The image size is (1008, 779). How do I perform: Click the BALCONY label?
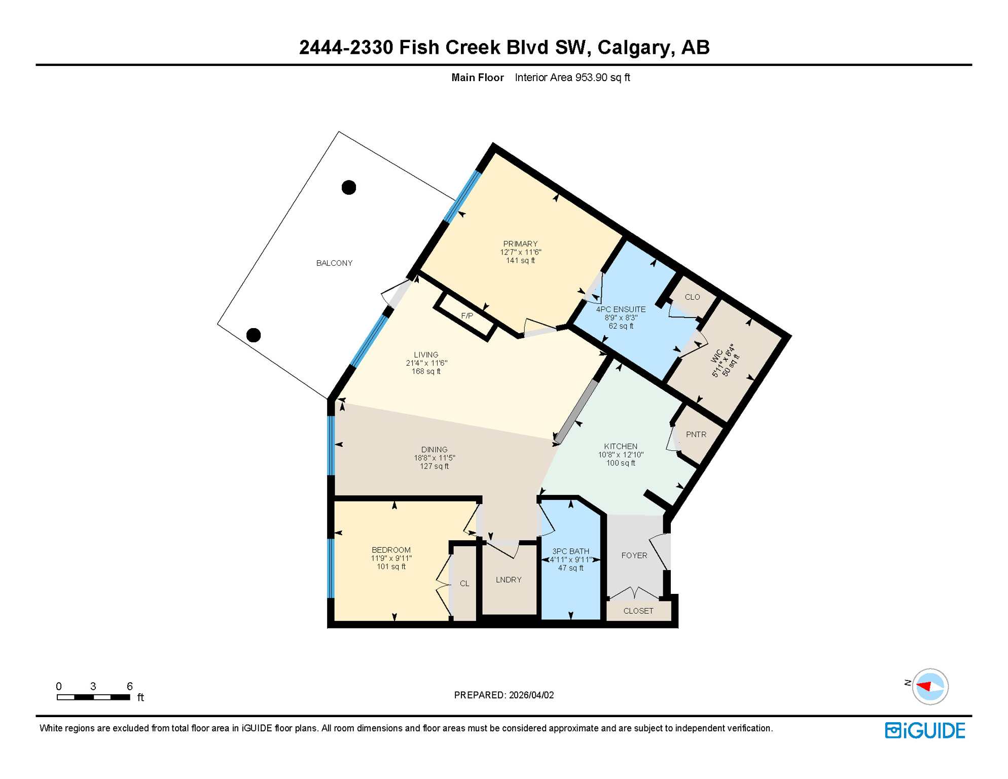[334, 263]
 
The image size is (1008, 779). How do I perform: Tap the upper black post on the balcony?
[349, 188]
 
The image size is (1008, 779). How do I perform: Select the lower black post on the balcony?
[254, 335]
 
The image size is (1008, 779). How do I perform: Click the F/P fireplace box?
[466, 316]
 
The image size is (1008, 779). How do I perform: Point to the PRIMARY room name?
[520, 244]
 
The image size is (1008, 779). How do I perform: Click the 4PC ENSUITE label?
[621, 309]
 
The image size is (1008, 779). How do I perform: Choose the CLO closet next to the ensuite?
[692, 297]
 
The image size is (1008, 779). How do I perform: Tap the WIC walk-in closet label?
[717, 356]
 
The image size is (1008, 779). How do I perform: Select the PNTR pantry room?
[696, 435]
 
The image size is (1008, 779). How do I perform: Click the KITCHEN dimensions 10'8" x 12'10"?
[621, 455]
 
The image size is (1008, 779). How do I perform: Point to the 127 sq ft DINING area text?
[434, 467]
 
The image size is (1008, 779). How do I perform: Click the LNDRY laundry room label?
[509, 580]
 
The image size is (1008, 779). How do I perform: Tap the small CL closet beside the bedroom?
[464, 584]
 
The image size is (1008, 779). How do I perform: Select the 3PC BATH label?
[571, 551]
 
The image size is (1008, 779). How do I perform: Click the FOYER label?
[634, 556]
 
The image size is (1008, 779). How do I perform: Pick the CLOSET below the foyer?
[638, 611]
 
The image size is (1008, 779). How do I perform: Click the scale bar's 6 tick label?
[130, 687]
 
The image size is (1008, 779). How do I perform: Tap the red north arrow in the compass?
[924, 686]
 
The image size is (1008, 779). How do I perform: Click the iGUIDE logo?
[925, 731]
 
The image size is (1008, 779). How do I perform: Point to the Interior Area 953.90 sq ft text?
[572, 78]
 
